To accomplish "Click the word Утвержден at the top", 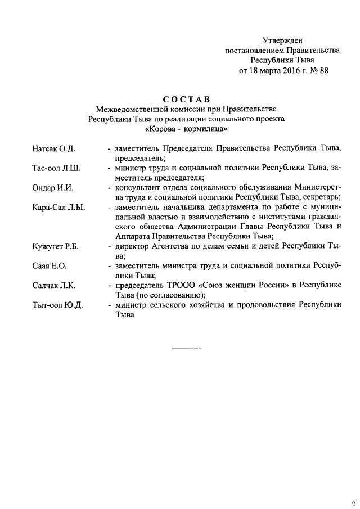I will (x=282, y=40).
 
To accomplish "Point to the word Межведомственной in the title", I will (x=134, y=109).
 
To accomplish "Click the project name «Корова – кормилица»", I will (x=186, y=129).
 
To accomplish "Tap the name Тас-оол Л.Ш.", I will (x=57, y=169).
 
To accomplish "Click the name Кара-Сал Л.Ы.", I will (x=58, y=208).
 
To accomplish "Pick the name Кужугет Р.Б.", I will (x=56, y=246).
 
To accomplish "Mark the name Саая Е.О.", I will (x=51, y=266).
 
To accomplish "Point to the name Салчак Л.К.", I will (x=55, y=286).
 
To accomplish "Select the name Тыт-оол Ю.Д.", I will (x=57, y=305).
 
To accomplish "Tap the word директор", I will (x=133, y=246).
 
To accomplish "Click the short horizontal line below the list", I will (x=186, y=349).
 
